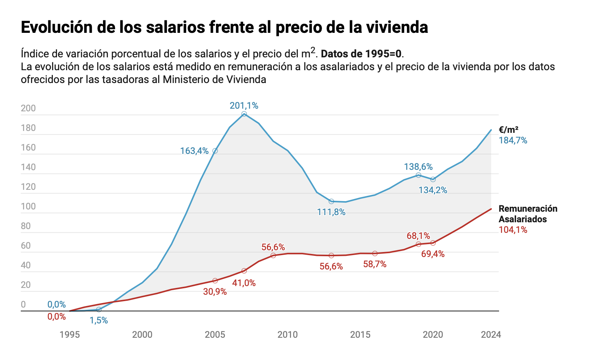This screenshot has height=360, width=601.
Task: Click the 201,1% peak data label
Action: click(244, 106)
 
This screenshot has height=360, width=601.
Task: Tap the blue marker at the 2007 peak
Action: click(244, 114)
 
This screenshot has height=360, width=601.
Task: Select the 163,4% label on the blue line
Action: click(194, 151)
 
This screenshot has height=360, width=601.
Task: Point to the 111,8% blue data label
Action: click(331, 212)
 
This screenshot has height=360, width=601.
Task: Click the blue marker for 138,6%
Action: click(419, 175)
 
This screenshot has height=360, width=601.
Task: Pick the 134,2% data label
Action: click(433, 190)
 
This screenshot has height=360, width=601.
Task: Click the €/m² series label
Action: click(509, 130)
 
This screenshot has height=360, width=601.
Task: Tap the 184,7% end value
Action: click(513, 140)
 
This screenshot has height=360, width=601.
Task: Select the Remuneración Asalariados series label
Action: click(528, 214)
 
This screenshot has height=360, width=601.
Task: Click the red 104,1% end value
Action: click(513, 230)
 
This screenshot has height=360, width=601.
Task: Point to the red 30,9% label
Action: click(215, 292)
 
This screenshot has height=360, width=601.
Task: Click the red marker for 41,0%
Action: click(244, 271)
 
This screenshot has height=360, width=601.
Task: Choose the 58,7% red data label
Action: click(375, 264)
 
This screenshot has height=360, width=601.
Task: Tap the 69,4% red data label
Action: click(433, 254)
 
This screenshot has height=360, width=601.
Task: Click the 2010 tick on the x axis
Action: click(288, 335)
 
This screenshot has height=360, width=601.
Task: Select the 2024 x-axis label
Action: click(491, 335)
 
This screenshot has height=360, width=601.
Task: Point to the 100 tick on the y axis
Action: click(28, 206)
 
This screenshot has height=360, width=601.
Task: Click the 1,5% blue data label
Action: click(99, 321)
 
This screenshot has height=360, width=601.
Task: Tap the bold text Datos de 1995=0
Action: click(361, 54)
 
